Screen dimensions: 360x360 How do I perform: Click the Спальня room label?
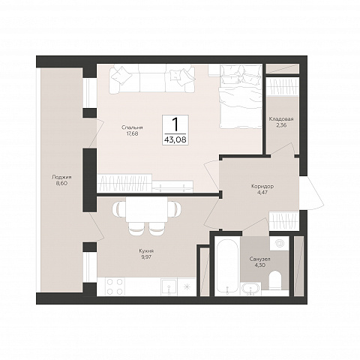[x=132, y=127]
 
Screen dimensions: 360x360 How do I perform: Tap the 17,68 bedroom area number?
[x=132, y=133]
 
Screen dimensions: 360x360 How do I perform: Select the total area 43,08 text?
[x=175, y=139]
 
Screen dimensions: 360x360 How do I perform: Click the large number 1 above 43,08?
[x=175, y=124]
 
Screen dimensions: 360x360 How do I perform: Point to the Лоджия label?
[x=61, y=177]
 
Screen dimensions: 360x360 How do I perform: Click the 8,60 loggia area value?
[x=61, y=183]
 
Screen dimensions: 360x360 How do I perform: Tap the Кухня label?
[x=146, y=251]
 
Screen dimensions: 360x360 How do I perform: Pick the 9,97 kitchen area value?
[x=146, y=257]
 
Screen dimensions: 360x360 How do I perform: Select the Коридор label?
[x=262, y=187]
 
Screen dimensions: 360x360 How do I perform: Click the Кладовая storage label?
[x=281, y=119]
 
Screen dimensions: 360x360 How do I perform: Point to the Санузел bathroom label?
[x=259, y=259]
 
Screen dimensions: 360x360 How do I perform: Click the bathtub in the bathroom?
[x=227, y=266]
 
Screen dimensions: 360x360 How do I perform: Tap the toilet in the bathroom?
[x=276, y=280]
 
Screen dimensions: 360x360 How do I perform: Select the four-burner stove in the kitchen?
[x=115, y=286]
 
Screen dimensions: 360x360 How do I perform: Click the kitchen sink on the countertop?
[x=169, y=286]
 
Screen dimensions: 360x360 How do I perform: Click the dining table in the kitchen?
[x=146, y=209]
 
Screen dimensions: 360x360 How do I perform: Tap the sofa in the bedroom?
[x=151, y=78]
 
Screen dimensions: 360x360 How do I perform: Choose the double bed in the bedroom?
[x=241, y=96]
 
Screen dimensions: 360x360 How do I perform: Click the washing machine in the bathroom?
[x=279, y=242]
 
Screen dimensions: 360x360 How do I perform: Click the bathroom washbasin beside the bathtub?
[x=250, y=289]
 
